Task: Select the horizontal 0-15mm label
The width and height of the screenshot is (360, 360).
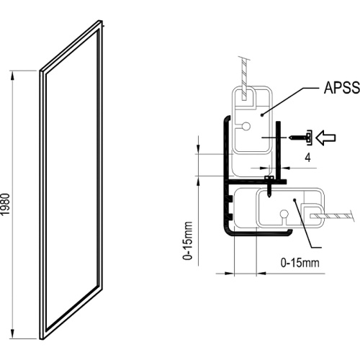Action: pyautogui.click(x=298, y=264)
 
